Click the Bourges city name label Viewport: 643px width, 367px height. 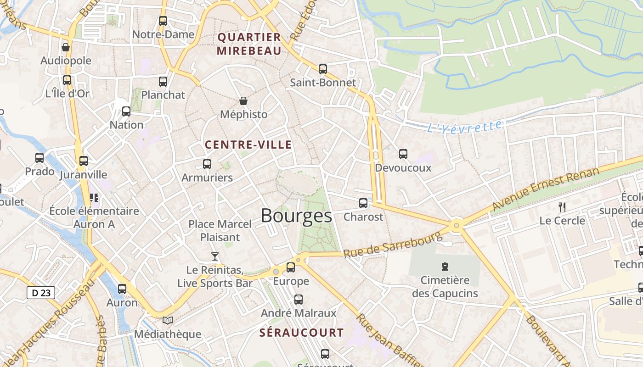(x=296, y=216)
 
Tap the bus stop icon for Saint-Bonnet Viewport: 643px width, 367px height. (x=323, y=69)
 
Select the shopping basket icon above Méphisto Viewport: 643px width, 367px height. (x=243, y=100)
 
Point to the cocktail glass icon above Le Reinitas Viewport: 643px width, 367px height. (x=214, y=256)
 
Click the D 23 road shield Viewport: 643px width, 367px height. (x=41, y=293)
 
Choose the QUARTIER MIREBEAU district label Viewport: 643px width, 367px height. (x=249, y=44)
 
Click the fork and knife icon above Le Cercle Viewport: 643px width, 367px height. (x=562, y=207)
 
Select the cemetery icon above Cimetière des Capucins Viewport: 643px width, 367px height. (x=445, y=266)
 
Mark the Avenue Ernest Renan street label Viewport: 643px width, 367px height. (x=546, y=189)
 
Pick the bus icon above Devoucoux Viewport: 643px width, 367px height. (x=403, y=154)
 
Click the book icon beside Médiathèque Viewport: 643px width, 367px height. (x=168, y=320)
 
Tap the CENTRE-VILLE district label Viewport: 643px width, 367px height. (x=248, y=145)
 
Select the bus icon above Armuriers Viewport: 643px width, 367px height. (x=207, y=164)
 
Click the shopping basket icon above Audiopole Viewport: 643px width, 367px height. (x=66, y=47)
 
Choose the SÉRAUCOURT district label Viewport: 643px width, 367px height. (x=301, y=333)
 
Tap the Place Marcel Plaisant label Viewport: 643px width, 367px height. (x=220, y=230)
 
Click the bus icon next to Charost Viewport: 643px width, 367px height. (x=363, y=203)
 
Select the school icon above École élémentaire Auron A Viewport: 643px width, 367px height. (x=94, y=198)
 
